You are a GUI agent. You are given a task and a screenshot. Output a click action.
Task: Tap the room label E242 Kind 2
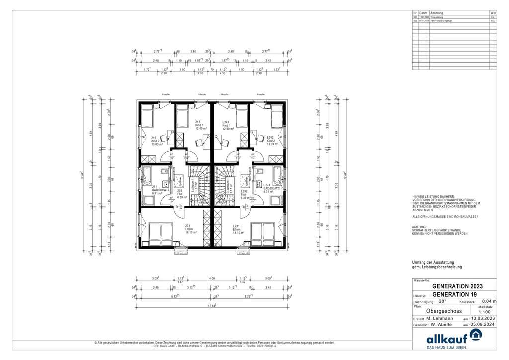coord(271,141)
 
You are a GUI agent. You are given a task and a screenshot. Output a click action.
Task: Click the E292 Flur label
coord(244,193)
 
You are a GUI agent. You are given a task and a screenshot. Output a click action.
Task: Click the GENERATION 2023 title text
coord(457,286)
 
